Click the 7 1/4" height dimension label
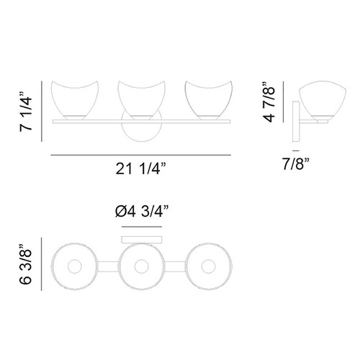[26, 111]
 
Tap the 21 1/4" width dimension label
[140, 168]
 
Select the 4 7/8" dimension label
[269, 102]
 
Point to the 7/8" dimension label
[295, 164]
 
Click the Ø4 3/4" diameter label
[142, 212]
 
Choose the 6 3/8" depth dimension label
[25, 264]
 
